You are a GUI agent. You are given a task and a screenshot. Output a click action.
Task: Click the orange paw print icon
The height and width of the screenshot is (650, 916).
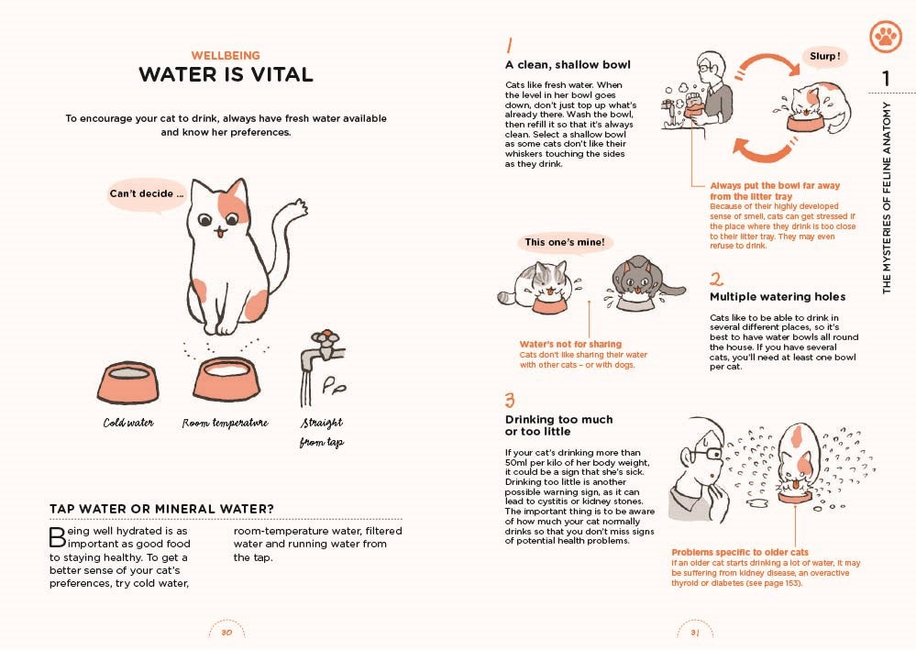tap(886, 37)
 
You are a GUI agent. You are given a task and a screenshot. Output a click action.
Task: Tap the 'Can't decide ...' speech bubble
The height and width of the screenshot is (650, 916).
tap(146, 194)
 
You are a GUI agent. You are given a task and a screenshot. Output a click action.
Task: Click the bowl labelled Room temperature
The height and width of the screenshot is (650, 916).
tap(226, 379)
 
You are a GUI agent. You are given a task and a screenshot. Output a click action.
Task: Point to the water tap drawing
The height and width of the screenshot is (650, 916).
tap(323, 368)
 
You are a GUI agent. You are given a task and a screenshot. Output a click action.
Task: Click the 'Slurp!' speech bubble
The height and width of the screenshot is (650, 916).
tap(824, 57)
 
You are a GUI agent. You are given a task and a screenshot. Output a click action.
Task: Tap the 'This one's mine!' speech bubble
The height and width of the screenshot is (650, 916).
tap(564, 242)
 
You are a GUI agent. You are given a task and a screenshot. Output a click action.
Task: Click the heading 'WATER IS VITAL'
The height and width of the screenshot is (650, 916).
tap(226, 75)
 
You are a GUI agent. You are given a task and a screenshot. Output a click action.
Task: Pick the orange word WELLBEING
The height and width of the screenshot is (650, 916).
tap(226, 56)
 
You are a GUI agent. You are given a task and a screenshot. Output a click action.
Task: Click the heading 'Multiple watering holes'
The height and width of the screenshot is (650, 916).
tap(778, 297)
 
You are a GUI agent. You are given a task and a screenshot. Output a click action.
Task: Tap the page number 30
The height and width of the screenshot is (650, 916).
tap(226, 633)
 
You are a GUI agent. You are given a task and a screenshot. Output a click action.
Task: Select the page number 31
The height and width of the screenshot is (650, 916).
tap(695, 633)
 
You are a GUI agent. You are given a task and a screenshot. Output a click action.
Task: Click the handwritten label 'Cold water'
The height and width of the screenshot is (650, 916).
tap(128, 423)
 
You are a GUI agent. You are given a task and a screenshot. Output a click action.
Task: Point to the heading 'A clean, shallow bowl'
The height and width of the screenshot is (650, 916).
tap(568, 65)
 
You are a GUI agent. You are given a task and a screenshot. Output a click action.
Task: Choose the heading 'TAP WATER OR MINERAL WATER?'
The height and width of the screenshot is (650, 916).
tap(161, 509)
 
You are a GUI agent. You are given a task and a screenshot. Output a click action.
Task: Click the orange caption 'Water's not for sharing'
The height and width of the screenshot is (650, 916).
tap(570, 344)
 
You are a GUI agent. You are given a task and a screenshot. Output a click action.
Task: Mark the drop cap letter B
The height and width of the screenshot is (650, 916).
tap(57, 537)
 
